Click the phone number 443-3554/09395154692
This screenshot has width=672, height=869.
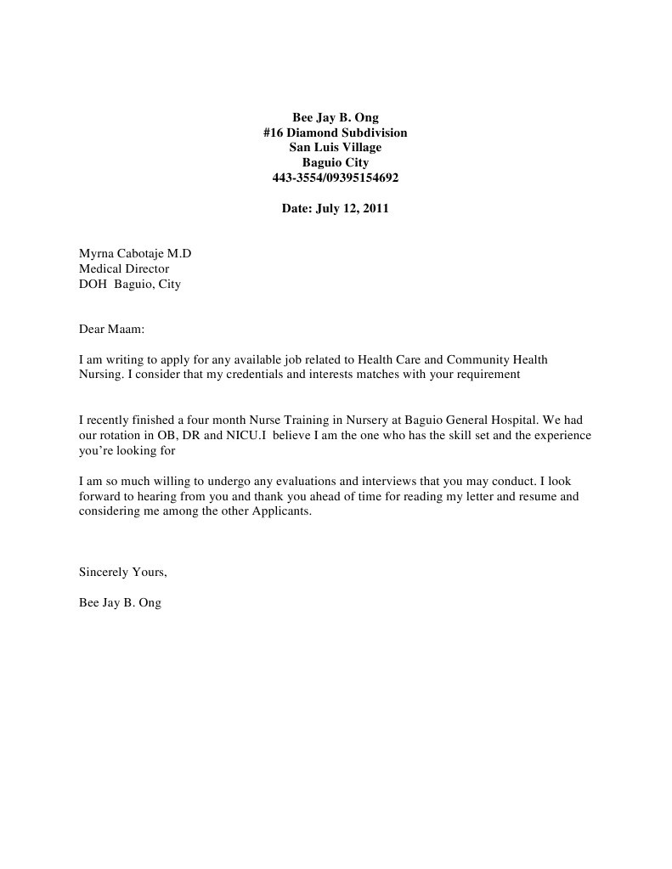[335, 178]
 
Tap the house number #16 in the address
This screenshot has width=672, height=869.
[274, 133]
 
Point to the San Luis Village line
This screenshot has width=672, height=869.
[335, 148]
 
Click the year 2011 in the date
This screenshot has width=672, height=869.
[375, 207]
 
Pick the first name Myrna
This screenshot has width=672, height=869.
[96, 253]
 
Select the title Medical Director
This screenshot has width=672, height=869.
[124, 268]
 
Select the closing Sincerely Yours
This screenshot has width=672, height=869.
[122, 572]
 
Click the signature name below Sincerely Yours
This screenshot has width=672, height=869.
[120, 602]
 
